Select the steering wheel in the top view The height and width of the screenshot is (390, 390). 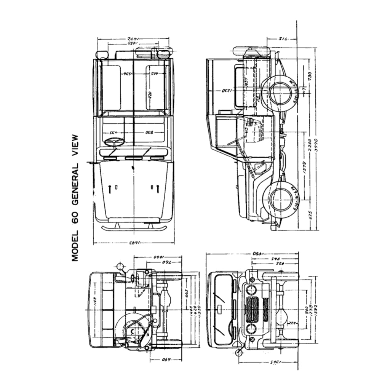pos(114,142)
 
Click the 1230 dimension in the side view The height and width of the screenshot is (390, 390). pos(227,91)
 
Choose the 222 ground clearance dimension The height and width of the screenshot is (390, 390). pos(292,323)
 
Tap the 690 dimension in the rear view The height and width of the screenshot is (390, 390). pos(166,360)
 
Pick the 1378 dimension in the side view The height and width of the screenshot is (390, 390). pos(304,169)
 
